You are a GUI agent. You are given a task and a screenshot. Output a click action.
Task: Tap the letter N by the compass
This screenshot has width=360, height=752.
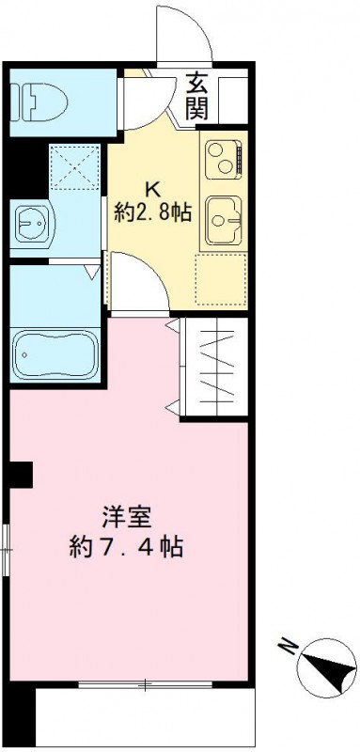click(x=286, y=647)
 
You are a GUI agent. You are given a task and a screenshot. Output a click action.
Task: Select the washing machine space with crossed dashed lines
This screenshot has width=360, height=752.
click(x=74, y=166)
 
